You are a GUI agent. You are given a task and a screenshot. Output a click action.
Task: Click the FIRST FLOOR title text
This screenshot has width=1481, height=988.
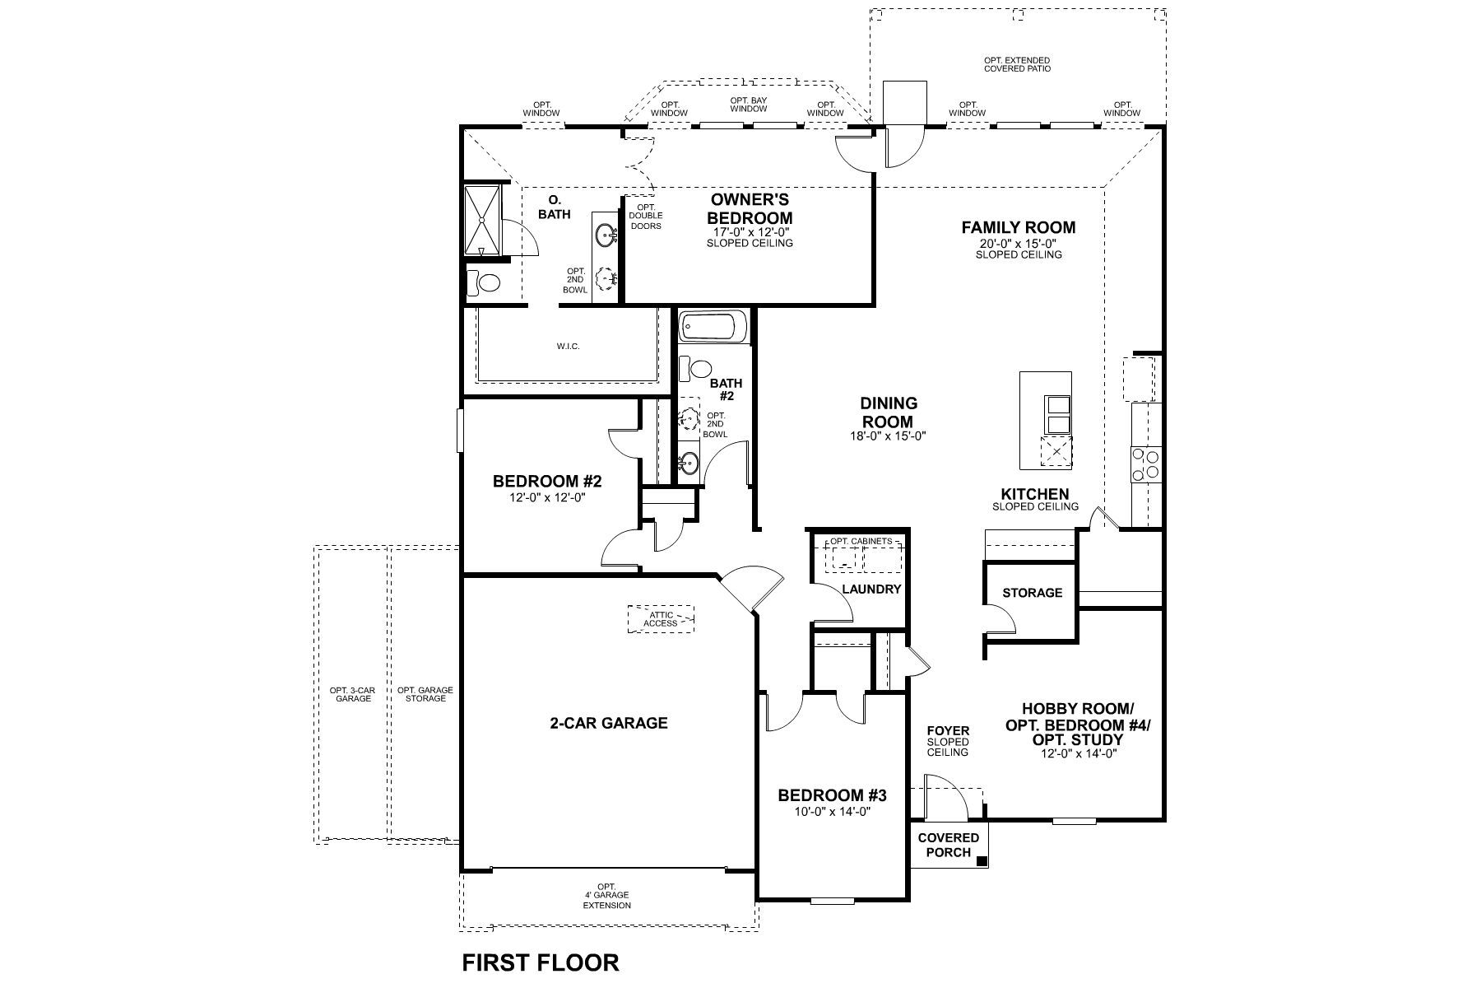pyautogui.click(x=540, y=962)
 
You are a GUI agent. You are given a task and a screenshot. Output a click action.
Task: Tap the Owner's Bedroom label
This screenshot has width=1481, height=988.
pyautogui.click(x=750, y=209)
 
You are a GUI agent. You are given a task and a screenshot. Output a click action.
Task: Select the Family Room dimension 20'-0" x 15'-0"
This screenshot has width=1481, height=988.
pyautogui.click(x=1019, y=244)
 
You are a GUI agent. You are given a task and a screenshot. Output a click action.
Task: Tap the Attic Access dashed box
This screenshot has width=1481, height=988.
pyautogui.click(x=661, y=619)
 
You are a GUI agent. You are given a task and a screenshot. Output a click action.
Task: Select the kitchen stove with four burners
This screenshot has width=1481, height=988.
pyautogui.click(x=1145, y=464)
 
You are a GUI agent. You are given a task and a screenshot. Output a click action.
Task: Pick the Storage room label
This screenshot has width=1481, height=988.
pyautogui.click(x=1032, y=593)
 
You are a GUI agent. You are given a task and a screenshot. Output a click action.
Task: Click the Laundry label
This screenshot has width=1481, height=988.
pyautogui.click(x=871, y=590)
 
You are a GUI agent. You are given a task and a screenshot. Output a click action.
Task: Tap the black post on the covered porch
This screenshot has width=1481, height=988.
pyautogui.click(x=981, y=861)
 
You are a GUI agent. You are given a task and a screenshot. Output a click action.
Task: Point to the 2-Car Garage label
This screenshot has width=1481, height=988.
pyautogui.click(x=608, y=723)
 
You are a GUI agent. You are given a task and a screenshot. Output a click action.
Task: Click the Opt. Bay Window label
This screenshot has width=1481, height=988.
pyautogui.click(x=748, y=105)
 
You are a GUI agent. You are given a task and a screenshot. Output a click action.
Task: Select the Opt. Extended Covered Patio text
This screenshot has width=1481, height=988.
pyautogui.click(x=1017, y=64)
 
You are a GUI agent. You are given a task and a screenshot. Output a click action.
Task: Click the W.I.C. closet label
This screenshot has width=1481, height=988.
pyautogui.click(x=568, y=346)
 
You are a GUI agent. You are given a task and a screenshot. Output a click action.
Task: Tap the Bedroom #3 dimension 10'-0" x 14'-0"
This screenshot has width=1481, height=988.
pyautogui.click(x=832, y=811)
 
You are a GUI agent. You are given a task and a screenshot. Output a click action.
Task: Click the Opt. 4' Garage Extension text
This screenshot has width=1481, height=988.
pyautogui.click(x=607, y=896)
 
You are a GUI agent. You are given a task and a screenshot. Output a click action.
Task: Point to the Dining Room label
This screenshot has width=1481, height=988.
pyautogui.click(x=889, y=412)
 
